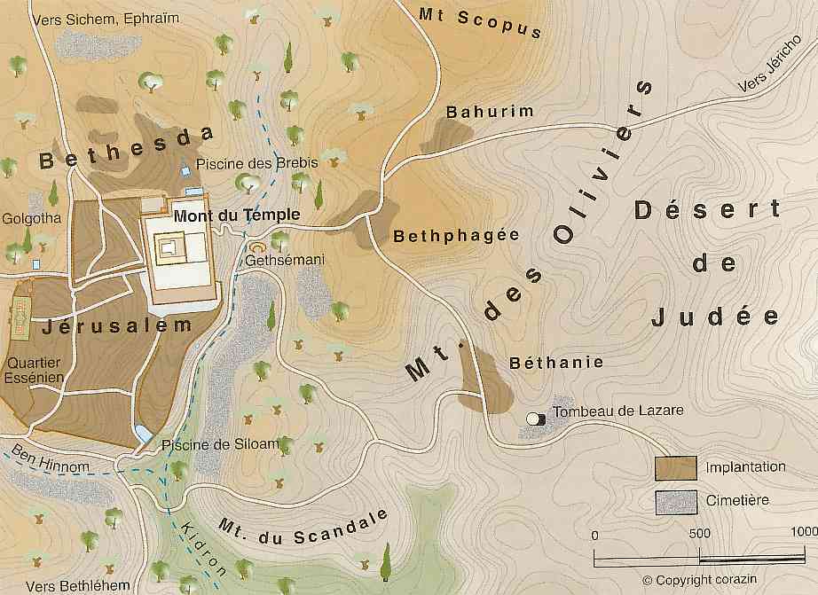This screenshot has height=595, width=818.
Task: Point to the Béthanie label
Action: (x=556, y=362)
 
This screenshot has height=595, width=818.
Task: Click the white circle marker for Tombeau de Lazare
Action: (x=533, y=419)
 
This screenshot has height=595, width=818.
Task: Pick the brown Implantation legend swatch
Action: (x=674, y=468)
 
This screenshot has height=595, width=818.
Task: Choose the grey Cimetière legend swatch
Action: (x=674, y=501)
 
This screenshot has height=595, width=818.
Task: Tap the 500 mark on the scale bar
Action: (x=699, y=535)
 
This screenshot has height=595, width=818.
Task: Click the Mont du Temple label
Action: (x=237, y=215)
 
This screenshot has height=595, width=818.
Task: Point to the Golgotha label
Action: (x=32, y=216)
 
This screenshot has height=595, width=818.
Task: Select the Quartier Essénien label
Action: (x=35, y=370)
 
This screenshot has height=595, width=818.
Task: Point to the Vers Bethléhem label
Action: (x=78, y=586)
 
